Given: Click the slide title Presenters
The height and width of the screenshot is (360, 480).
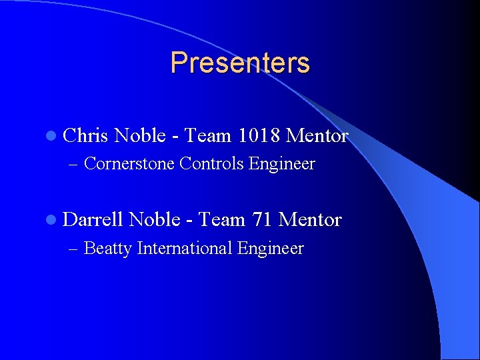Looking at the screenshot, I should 240,63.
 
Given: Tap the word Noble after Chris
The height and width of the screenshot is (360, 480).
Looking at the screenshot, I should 140,136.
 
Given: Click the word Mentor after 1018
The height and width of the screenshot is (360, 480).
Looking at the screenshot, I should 317,136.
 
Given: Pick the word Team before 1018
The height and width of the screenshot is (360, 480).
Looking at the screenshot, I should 207,136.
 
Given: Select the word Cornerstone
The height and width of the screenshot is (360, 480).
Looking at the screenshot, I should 130,163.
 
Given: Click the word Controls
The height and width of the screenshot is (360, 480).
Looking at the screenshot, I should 212,163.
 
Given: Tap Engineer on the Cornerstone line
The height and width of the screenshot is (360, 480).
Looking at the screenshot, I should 282,164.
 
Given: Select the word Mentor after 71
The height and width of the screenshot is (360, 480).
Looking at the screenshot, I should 310,219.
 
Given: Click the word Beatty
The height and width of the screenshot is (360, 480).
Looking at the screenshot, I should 108,249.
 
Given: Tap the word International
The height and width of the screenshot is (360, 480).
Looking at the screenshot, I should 184,249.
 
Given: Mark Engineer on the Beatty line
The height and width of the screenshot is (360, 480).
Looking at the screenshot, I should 270,249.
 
